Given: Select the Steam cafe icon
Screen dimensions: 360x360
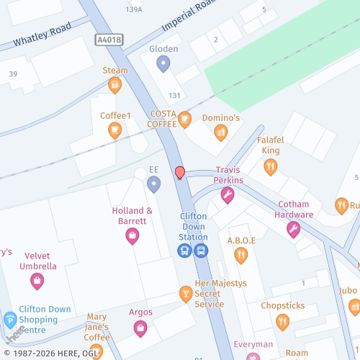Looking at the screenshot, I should [x=114, y=86].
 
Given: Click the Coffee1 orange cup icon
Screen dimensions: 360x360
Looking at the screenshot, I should [x=114, y=130].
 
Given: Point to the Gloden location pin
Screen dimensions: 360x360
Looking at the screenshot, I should [x=163, y=64].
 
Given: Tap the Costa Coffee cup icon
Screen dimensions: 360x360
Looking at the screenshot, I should [x=185, y=119].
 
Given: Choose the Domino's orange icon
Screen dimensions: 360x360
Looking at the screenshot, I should [x=221, y=132].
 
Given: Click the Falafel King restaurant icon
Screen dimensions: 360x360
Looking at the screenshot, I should [x=271, y=167].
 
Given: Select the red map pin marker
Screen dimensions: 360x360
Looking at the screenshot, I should [x=180, y=173].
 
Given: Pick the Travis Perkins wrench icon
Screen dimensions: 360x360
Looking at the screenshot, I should [x=228, y=194].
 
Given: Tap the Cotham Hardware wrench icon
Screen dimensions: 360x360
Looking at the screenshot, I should [x=293, y=229].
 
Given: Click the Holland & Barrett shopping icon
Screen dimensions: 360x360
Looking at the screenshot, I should [x=132, y=235].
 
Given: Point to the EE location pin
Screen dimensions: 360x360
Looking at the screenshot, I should [x=153, y=184].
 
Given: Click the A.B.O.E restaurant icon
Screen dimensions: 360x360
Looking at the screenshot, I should [x=240, y=255].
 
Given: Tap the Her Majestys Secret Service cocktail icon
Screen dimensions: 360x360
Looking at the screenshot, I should [x=185, y=293].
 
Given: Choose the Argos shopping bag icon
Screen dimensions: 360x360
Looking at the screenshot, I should [x=140, y=328].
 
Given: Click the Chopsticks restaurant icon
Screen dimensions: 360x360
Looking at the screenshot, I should [x=282, y=322].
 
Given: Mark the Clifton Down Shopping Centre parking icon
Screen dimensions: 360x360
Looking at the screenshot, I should [x=11, y=320].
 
